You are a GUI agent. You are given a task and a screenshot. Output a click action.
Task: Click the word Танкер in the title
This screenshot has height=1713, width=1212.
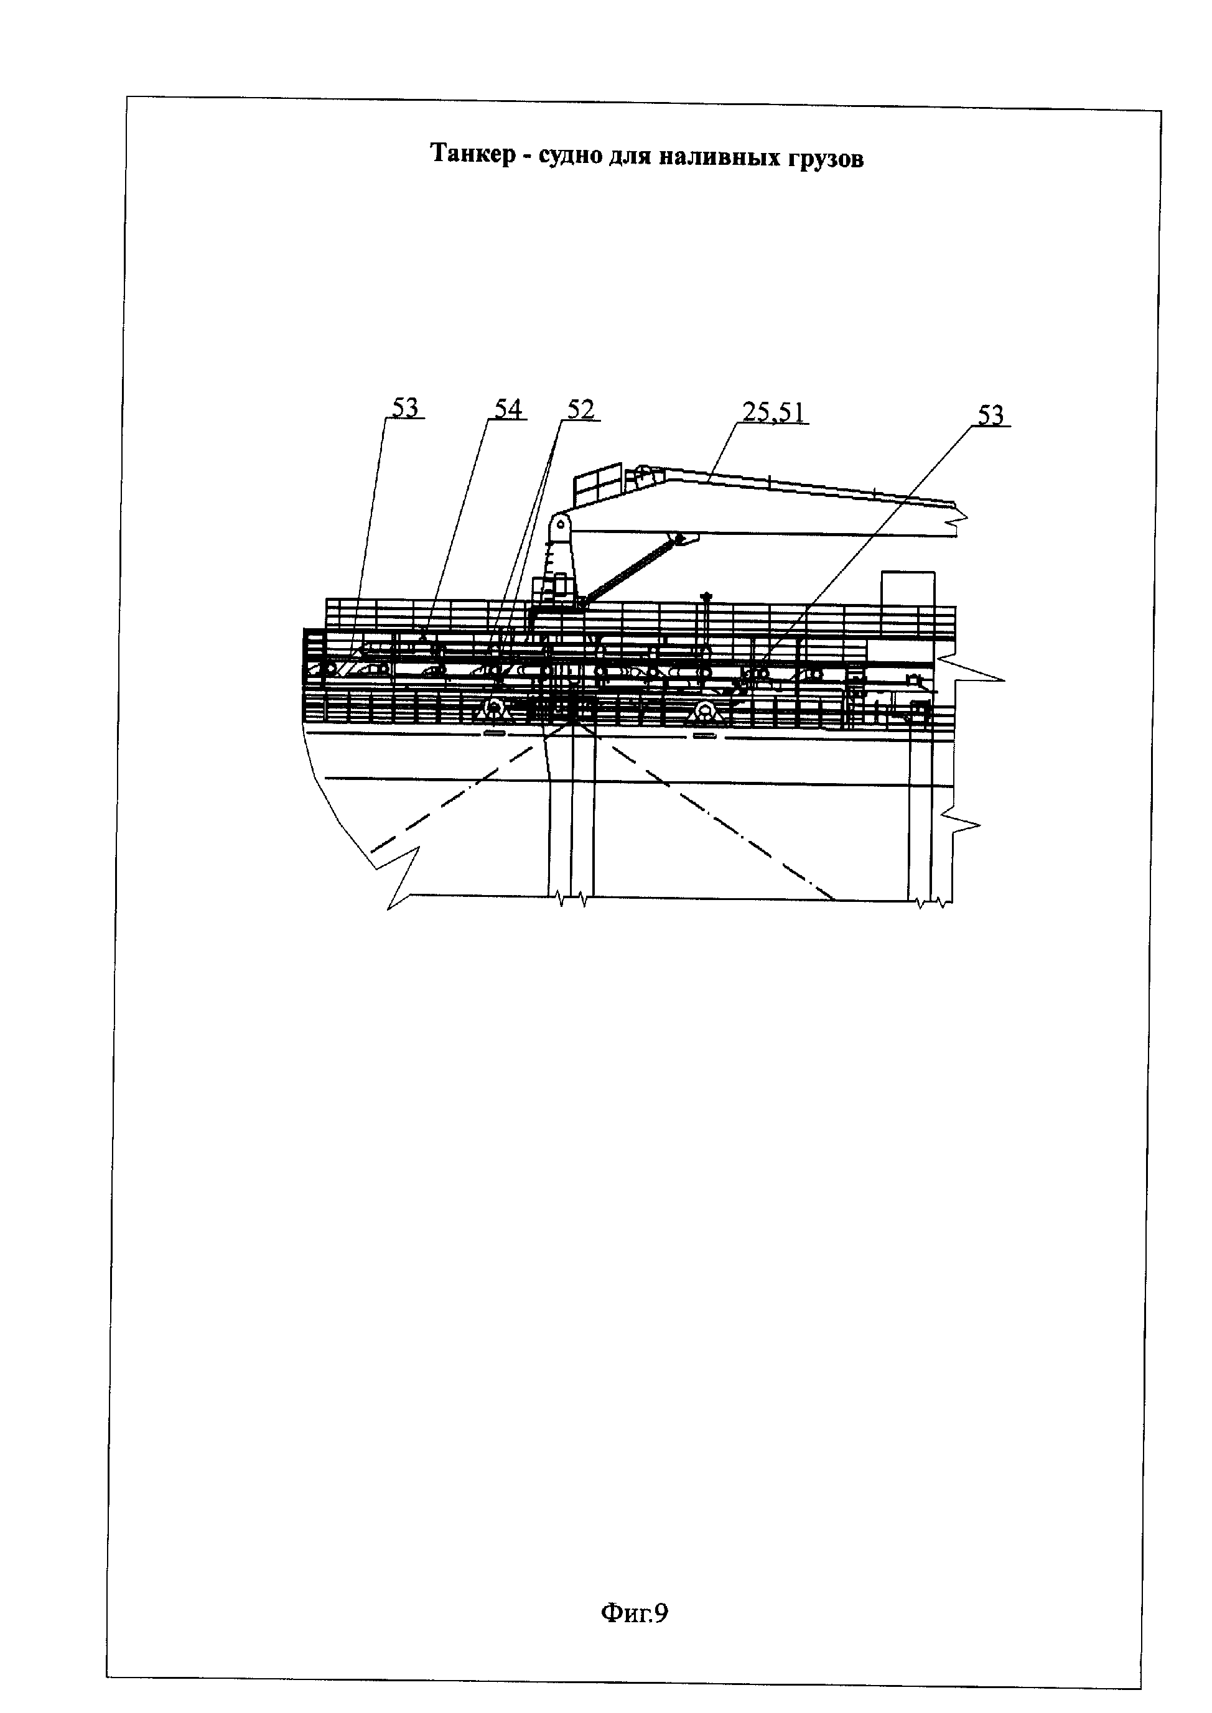pyautogui.click(x=472, y=154)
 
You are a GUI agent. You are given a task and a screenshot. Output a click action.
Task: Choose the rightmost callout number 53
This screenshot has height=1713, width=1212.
pyautogui.click(x=991, y=415)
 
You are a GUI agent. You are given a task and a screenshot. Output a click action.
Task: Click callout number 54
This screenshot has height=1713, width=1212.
pyautogui.click(x=508, y=408)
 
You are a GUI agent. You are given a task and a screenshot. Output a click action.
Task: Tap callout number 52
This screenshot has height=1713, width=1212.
pyautogui.click(x=580, y=410)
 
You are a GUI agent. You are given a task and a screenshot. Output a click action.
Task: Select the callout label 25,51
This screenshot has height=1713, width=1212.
pyautogui.click(x=773, y=412)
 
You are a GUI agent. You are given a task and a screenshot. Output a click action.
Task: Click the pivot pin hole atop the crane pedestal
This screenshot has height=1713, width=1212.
pyautogui.click(x=560, y=524)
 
